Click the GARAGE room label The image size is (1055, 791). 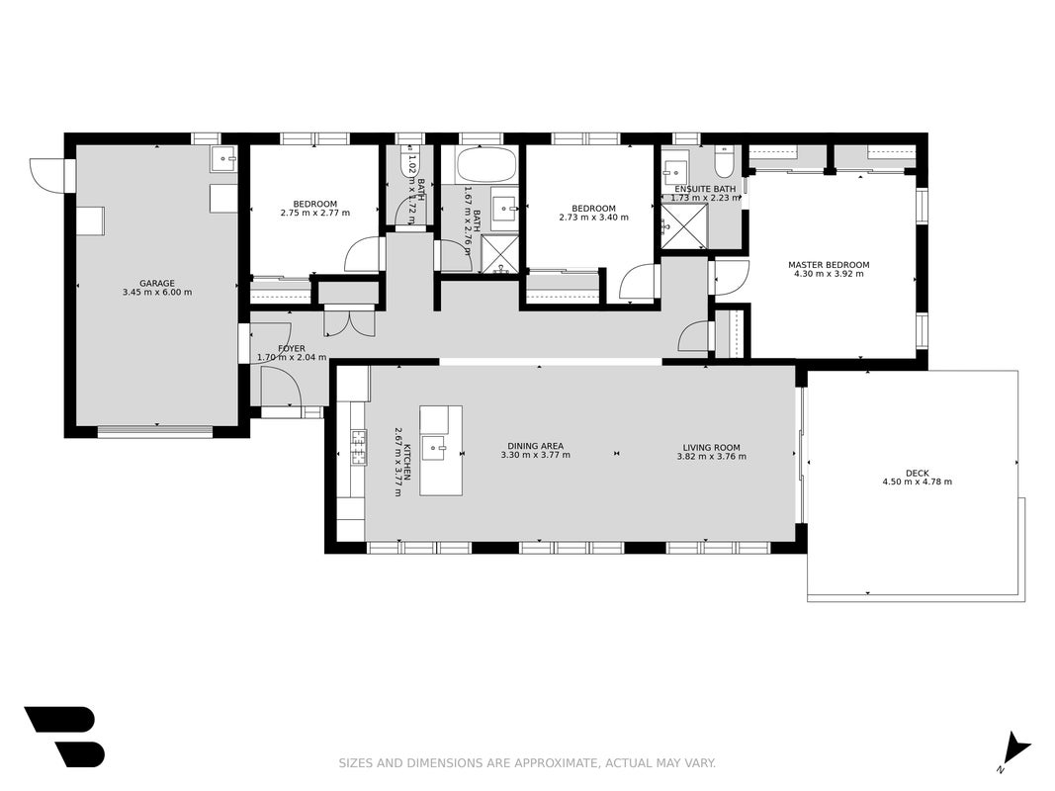click(157, 283)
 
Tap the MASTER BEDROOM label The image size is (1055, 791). click(829, 265)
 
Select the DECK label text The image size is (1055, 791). click(917, 473)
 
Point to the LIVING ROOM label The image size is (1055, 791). click(711, 447)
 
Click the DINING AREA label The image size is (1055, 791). click(536, 446)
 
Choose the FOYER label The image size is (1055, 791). click(292, 348)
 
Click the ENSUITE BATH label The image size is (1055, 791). click(705, 189)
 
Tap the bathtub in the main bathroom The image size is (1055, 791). click(485, 165)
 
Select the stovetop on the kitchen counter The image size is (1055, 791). click(358, 447)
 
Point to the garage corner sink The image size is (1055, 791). click(222, 159)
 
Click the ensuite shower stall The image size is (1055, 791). click(683, 226)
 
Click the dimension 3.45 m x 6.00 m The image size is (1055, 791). click(157, 292)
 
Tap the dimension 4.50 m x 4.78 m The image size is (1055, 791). click(917, 482)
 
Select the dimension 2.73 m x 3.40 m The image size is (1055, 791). click(593, 218)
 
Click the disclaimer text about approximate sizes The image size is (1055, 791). click(527, 762)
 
